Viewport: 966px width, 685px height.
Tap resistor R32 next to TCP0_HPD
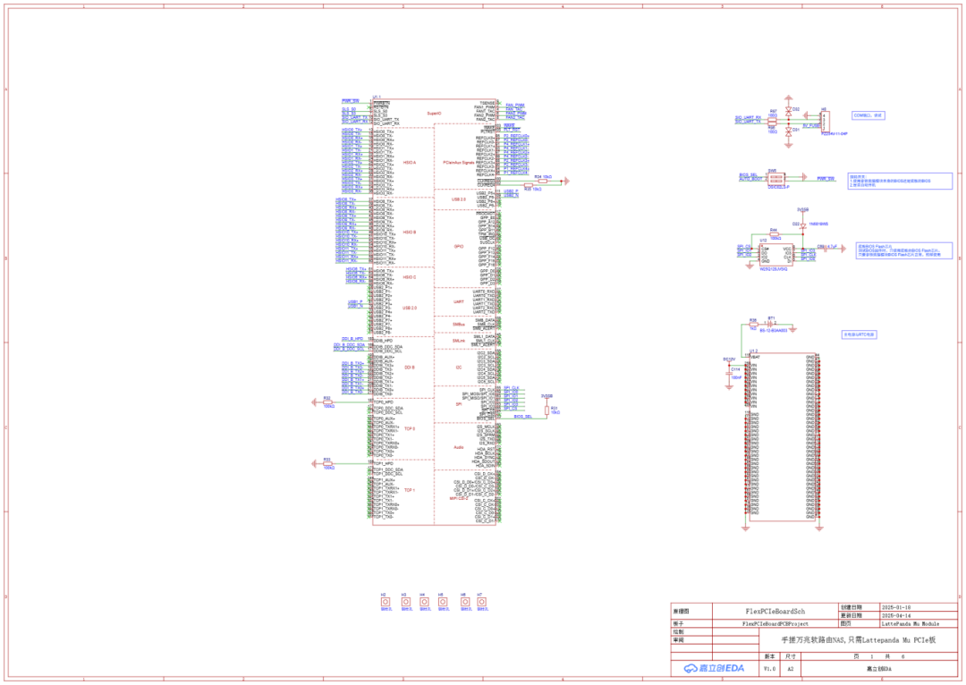(x=328, y=402)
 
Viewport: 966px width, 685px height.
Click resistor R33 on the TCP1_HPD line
(x=328, y=463)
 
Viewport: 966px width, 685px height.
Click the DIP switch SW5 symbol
(x=775, y=179)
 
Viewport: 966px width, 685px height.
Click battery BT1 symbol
(x=772, y=323)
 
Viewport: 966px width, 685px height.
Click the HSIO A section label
(x=410, y=163)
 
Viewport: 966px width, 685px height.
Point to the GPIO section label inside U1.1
(x=459, y=245)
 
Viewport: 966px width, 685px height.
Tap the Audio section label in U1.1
(x=459, y=447)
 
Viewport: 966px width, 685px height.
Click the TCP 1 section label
(x=410, y=490)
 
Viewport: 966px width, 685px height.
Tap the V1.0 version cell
(x=769, y=668)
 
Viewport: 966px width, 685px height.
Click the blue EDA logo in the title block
(x=714, y=668)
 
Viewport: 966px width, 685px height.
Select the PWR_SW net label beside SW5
(x=825, y=179)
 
